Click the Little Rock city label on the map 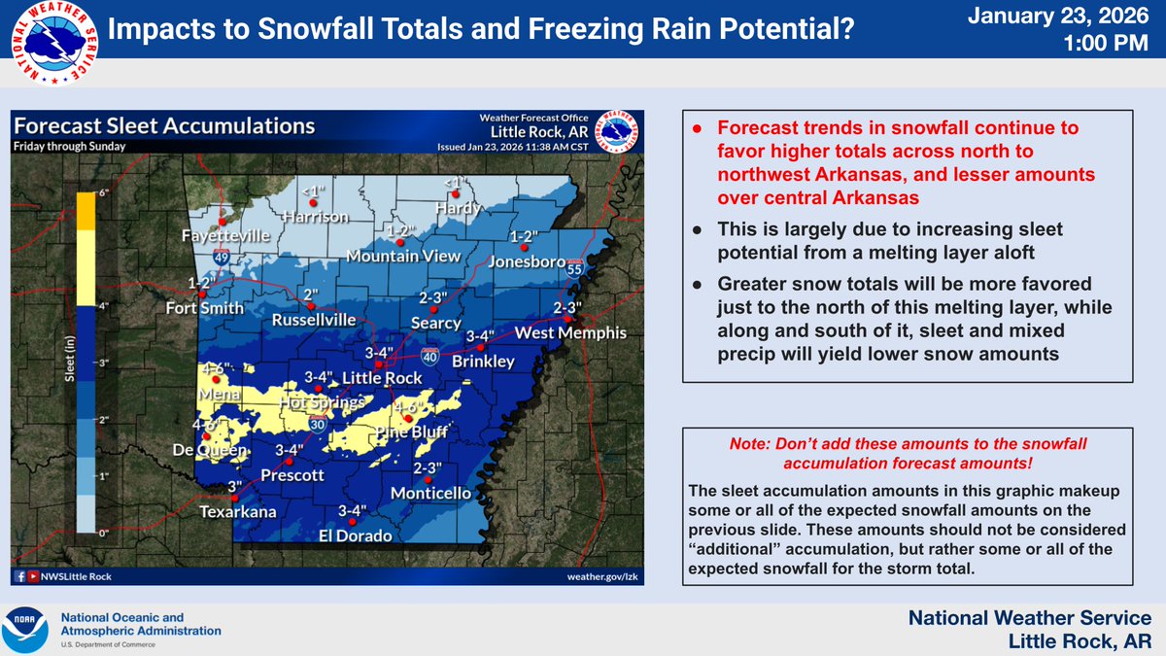[390, 377]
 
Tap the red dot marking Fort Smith [202, 293]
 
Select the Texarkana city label [238, 511]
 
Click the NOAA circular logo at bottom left [27, 630]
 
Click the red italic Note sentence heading [908, 452]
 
